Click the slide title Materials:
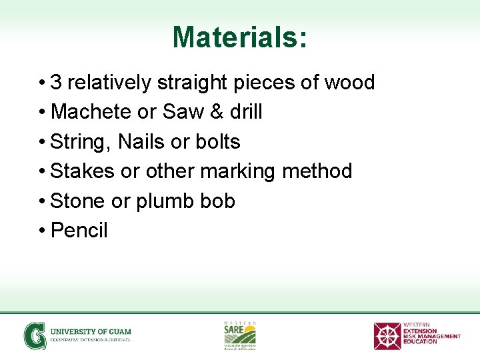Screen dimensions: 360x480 (x=240, y=37)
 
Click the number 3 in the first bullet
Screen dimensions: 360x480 (x=57, y=83)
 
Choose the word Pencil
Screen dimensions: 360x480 (x=79, y=230)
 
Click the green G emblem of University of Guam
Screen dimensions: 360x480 (x=34, y=336)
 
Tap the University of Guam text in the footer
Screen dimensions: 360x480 (x=91, y=332)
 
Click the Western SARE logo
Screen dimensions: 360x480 (x=239, y=335)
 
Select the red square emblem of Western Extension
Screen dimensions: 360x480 (x=387, y=336)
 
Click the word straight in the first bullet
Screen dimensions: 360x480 (x=189, y=83)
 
